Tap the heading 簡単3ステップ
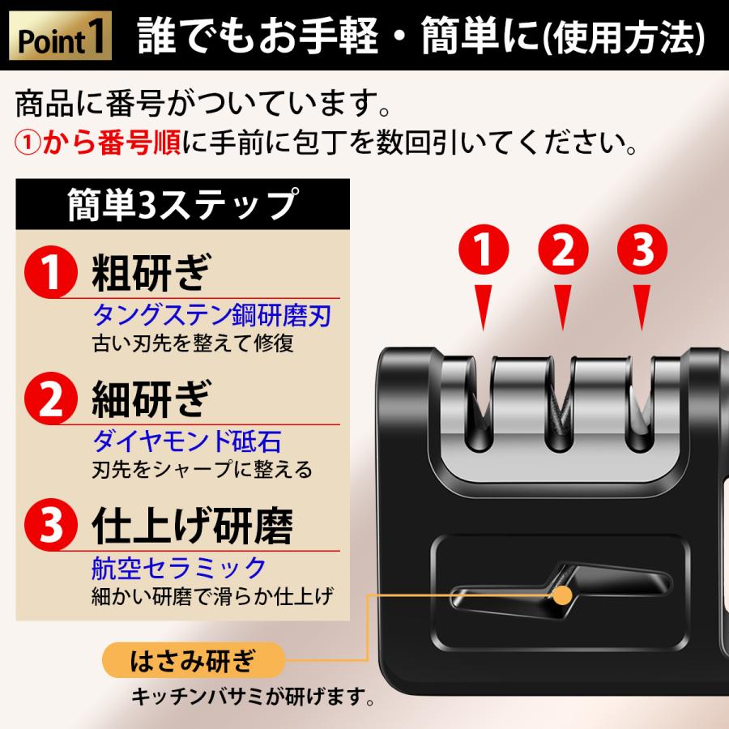[x=182, y=205]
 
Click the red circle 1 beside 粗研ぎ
[x=52, y=274]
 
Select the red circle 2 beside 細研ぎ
[x=52, y=399]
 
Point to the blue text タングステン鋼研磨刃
[x=213, y=314]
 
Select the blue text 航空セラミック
[x=179, y=566]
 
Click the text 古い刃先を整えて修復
[x=193, y=342]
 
